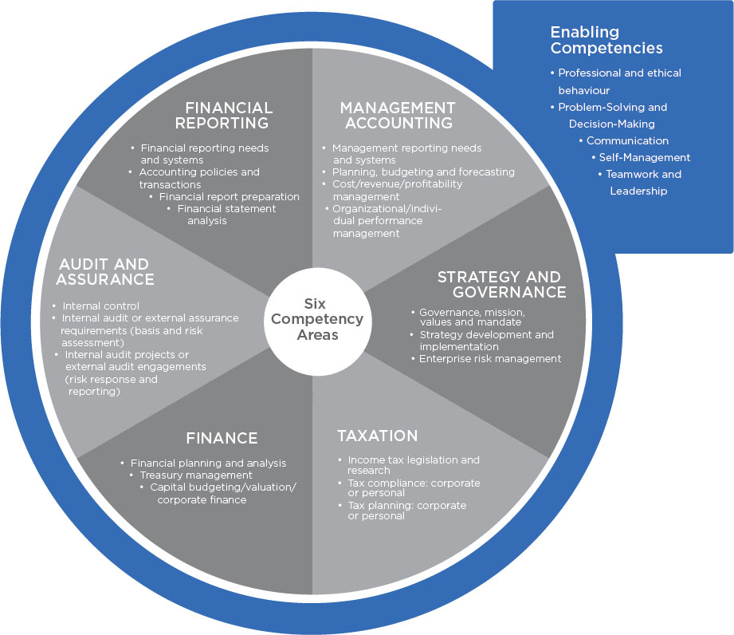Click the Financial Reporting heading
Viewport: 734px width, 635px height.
(x=229, y=115)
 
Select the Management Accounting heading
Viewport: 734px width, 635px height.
(x=397, y=115)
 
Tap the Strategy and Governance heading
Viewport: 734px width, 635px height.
(x=501, y=285)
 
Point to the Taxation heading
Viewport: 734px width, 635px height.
(x=377, y=436)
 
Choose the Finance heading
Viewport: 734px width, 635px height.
(x=222, y=438)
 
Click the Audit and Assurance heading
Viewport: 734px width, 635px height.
(x=104, y=271)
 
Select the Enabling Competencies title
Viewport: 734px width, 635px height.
(x=606, y=40)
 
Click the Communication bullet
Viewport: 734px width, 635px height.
(x=627, y=140)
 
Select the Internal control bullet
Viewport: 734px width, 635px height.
(x=100, y=306)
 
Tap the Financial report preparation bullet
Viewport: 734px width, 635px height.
(x=229, y=196)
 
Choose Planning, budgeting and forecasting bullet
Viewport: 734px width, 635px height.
(x=423, y=172)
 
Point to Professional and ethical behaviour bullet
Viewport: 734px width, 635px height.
(x=618, y=81)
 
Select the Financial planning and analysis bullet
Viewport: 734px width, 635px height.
(x=208, y=463)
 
